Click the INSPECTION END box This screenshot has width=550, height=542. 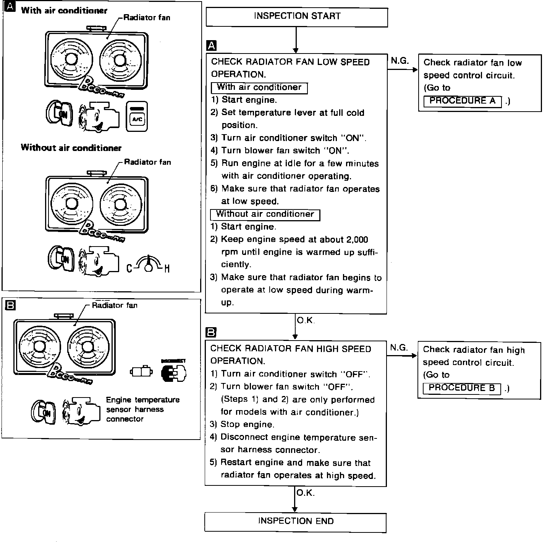pos(296,522)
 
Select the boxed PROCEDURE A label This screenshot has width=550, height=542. pos(462,101)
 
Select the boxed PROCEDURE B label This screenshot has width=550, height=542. pos(461,388)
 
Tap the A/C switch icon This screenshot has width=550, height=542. pos(136,117)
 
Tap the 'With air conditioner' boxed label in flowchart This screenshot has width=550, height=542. pos(259,88)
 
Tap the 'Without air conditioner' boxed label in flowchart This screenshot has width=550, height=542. pos(265,214)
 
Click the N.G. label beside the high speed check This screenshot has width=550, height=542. pos(399,347)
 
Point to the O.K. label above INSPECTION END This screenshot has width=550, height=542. pos(305,493)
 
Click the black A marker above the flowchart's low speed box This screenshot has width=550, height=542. pos(211,46)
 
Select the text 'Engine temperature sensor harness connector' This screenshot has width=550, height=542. pos(142,409)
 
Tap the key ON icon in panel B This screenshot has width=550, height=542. pos(43,413)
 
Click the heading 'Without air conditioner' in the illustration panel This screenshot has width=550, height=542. pos(71,148)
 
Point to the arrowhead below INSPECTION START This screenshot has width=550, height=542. pos(295,50)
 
